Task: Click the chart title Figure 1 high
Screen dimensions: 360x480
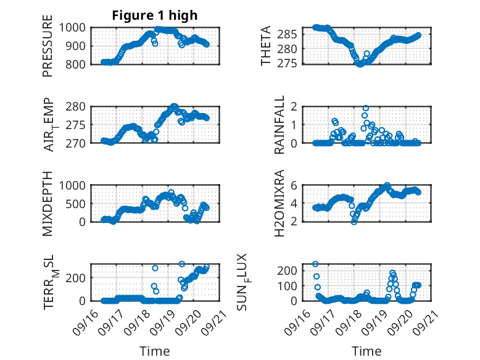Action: (x=154, y=15)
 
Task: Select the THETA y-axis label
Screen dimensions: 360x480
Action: (x=266, y=46)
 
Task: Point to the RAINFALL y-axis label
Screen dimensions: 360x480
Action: (x=279, y=124)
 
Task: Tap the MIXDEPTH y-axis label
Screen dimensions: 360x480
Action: (x=48, y=203)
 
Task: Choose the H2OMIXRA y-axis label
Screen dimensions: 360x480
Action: (x=279, y=203)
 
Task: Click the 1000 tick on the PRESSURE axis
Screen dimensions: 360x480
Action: (x=76, y=28)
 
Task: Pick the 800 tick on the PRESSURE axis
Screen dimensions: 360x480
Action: (x=78, y=64)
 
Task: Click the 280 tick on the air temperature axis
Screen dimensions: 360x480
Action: (x=78, y=106)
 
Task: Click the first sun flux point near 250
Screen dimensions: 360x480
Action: (x=315, y=264)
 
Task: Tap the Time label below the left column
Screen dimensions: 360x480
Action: (x=154, y=351)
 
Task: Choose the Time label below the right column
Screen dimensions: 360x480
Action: (x=366, y=351)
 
